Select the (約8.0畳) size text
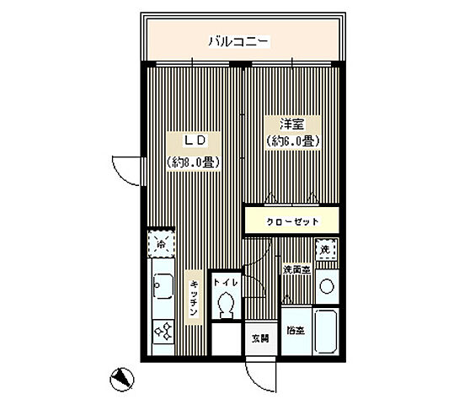tap(192, 162)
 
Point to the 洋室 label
tap(291, 122)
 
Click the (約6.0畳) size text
tap(291, 141)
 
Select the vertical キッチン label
tap(193, 295)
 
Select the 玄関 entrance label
tap(259, 339)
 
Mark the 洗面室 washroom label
tap(296, 269)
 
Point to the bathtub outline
tap(326, 332)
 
